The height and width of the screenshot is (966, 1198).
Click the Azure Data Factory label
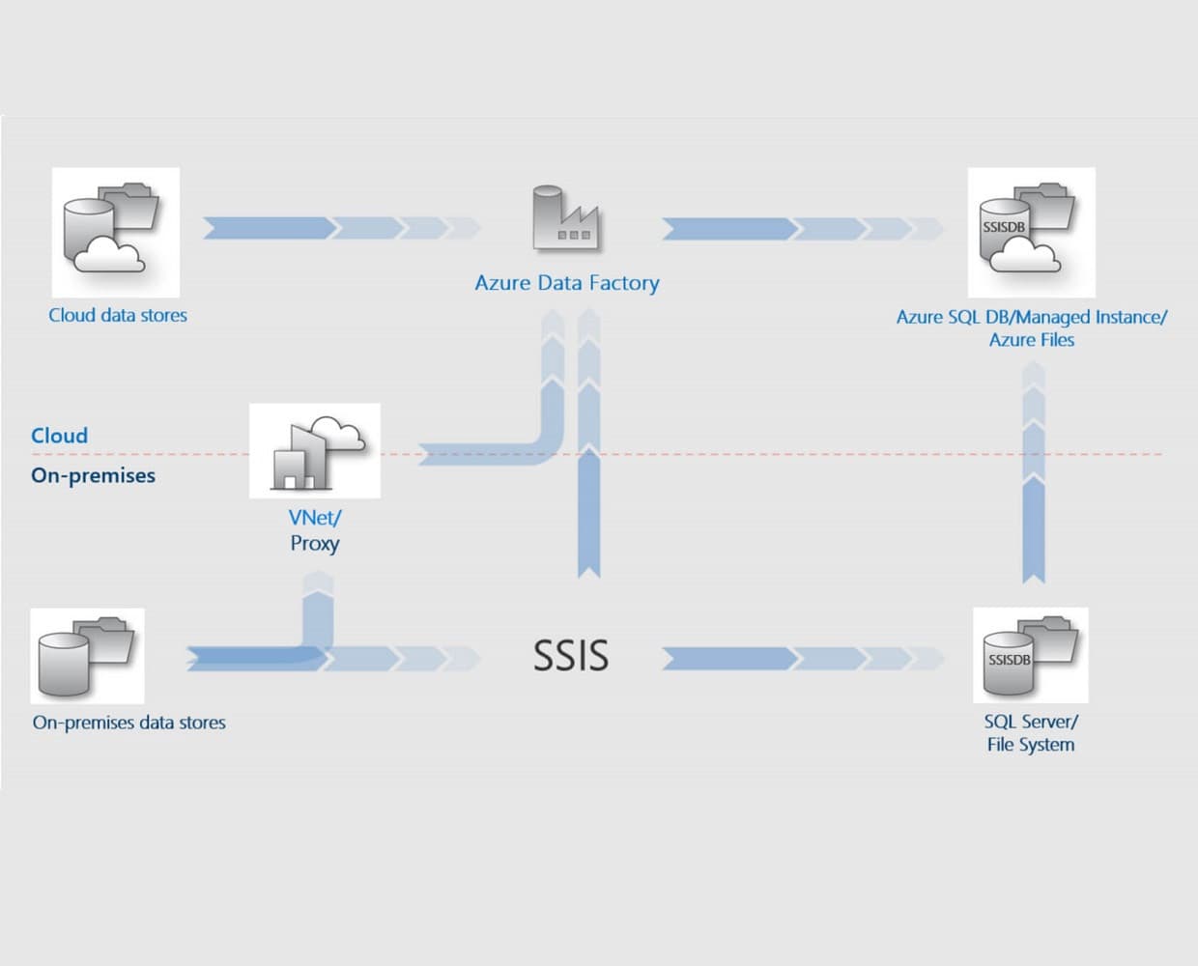click(x=567, y=283)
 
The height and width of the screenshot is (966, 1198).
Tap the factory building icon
click(x=565, y=219)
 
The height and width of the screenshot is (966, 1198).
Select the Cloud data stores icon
click(x=115, y=232)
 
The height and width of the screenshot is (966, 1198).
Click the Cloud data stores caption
click(x=118, y=315)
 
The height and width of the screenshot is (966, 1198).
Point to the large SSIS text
click(x=571, y=656)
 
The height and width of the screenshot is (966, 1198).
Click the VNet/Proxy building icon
click(x=315, y=451)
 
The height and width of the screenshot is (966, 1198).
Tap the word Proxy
click(x=315, y=543)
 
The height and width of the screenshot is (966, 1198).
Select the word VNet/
click(x=315, y=518)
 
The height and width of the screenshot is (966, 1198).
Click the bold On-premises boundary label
click(x=93, y=475)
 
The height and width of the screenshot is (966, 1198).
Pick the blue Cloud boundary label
click(x=59, y=436)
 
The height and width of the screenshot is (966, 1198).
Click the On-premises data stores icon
click(x=87, y=656)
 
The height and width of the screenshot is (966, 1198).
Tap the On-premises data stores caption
click(x=128, y=723)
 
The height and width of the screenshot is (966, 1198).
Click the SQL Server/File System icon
click(x=1030, y=655)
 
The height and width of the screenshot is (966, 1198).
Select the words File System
click(x=1030, y=745)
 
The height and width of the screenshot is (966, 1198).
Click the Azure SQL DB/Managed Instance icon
click(x=1031, y=232)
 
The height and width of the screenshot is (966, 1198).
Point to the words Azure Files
click(x=1031, y=340)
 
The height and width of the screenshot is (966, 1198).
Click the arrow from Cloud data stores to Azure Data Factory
click(x=338, y=228)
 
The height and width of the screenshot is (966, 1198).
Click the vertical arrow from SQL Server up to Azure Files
click(x=1033, y=473)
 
